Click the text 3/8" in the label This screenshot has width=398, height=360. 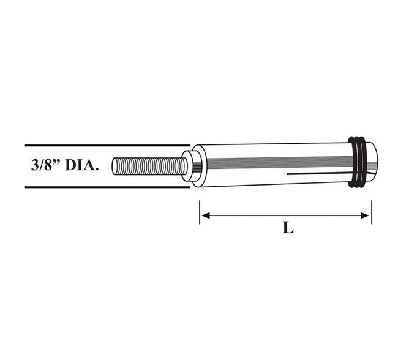(45, 166)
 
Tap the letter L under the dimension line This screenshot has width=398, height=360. (288, 229)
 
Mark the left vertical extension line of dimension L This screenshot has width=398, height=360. (200, 211)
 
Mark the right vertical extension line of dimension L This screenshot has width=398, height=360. (371, 211)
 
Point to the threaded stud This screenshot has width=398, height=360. (150, 166)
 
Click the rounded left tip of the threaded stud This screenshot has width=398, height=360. (115, 166)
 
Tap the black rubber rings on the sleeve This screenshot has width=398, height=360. (358, 161)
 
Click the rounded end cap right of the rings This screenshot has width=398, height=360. (372, 158)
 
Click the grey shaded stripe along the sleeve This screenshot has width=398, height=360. (276, 162)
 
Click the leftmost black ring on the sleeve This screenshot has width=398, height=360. (352, 161)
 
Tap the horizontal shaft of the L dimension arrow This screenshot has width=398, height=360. (285, 215)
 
